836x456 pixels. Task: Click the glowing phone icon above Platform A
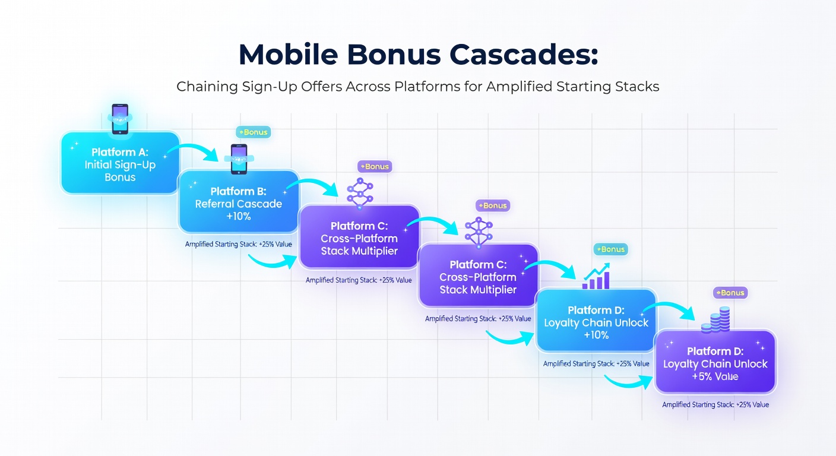click(x=120, y=119)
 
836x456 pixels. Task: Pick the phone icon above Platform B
click(x=239, y=159)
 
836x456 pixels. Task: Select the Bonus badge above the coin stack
click(x=730, y=293)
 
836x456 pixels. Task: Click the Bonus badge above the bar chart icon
click(x=610, y=249)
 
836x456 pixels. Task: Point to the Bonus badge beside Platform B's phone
click(x=254, y=132)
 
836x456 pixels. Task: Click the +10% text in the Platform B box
click(x=238, y=217)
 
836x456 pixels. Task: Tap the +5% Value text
click(x=715, y=376)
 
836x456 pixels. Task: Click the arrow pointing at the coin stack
click(x=673, y=311)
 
